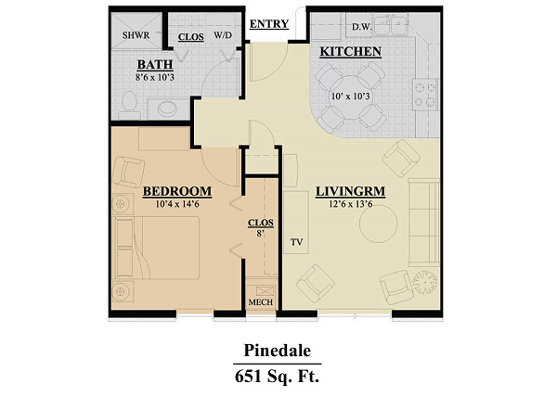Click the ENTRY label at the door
[x=269, y=24]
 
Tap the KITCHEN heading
[x=351, y=52]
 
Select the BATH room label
[x=155, y=65]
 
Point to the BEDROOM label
[x=177, y=192]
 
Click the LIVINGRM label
[x=351, y=192]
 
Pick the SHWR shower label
[x=136, y=35]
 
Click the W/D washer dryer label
[x=223, y=35]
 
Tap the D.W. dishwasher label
[x=362, y=27]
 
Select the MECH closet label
[x=261, y=302]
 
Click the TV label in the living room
[x=297, y=242]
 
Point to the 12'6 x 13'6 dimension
[x=351, y=204]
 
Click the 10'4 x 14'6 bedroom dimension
[x=177, y=204]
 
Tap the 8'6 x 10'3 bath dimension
[x=155, y=77]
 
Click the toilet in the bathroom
[x=129, y=106]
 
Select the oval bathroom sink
[x=167, y=109]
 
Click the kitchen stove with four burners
[x=425, y=95]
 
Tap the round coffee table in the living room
[x=378, y=224]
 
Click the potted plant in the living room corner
[x=425, y=282]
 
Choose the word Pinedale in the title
[x=278, y=351]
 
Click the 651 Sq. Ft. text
[x=277, y=377]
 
